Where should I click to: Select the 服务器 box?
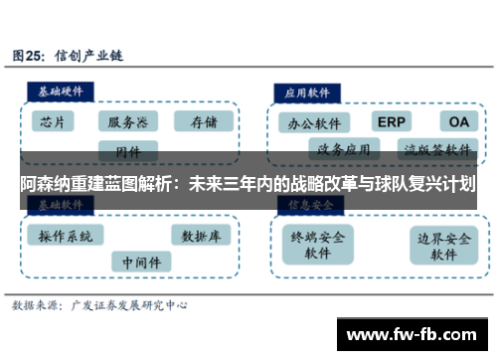[x=127, y=122]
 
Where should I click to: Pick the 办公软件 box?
[x=314, y=124]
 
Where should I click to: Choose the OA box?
[x=457, y=121]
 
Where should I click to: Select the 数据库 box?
[x=201, y=236]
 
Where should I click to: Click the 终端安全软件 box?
[x=317, y=245]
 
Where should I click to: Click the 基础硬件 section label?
[x=61, y=90]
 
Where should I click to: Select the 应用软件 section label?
[x=307, y=90]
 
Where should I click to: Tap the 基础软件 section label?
[x=61, y=204]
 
